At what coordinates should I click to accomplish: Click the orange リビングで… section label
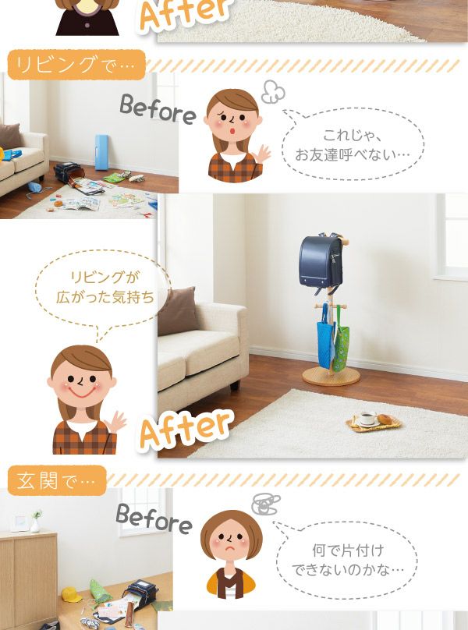click(x=76, y=64)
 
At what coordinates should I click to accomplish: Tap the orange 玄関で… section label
click(x=57, y=480)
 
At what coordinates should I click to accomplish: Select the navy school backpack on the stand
click(x=321, y=262)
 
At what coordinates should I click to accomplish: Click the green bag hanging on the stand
click(x=341, y=339)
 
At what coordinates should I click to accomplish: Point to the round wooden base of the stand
click(x=331, y=376)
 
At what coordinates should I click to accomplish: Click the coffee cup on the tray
click(x=367, y=419)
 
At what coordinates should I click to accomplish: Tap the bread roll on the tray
click(x=385, y=419)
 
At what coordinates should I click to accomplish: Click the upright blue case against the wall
click(x=101, y=153)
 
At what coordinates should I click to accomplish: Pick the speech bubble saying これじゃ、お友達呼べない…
click(x=353, y=144)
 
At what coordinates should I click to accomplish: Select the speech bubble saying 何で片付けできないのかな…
click(x=346, y=560)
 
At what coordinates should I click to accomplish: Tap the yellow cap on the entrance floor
click(x=71, y=594)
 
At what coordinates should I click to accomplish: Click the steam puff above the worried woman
click(x=273, y=91)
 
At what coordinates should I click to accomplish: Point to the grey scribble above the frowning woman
click(x=266, y=504)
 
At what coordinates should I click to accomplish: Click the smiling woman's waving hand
click(x=115, y=423)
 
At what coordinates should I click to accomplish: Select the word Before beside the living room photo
click(x=158, y=109)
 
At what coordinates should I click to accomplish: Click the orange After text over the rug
click(x=186, y=429)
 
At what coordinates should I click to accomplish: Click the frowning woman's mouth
click(x=231, y=548)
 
